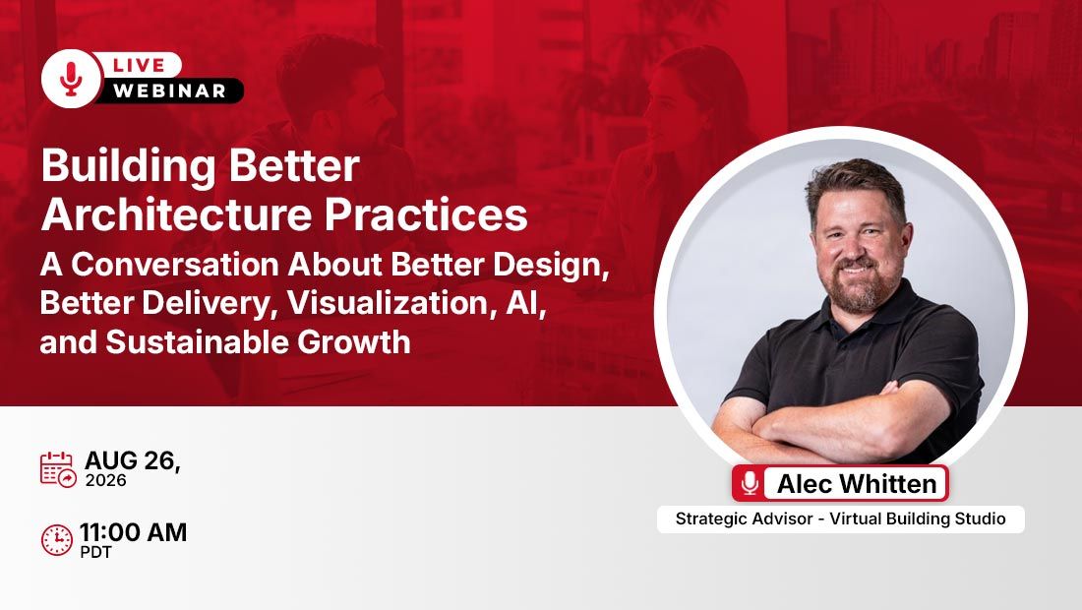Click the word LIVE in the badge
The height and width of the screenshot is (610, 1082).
(139, 66)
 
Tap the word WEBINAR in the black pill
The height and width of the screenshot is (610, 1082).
(170, 91)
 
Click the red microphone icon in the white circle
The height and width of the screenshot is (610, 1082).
(71, 80)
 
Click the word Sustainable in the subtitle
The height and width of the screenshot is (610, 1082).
(197, 341)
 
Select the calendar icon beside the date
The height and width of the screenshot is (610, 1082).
(58, 470)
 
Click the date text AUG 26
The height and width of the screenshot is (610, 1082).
(133, 460)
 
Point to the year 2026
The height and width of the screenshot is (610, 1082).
(105, 480)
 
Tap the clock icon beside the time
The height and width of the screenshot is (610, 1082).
(57, 540)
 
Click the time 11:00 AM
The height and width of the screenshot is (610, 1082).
(133, 532)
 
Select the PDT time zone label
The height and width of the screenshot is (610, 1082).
(96, 552)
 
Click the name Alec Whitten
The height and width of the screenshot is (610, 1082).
(857, 484)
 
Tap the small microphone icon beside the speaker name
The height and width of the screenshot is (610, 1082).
(751, 483)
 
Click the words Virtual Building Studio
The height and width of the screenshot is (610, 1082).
(918, 518)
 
